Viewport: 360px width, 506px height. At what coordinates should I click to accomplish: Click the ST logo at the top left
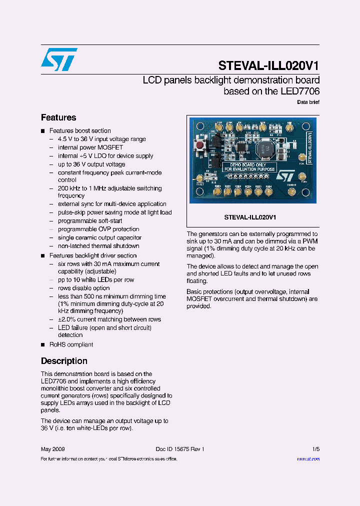[59, 59]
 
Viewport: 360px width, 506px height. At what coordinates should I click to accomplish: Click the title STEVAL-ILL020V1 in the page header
[268, 66]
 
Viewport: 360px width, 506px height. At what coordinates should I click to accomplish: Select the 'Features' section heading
[58, 117]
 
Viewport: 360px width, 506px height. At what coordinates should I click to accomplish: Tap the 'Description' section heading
[64, 361]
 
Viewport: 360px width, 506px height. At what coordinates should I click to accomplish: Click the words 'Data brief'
[308, 102]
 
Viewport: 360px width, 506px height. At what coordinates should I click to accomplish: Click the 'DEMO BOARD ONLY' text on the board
[247, 164]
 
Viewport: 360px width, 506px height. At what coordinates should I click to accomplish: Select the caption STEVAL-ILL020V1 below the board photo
[250, 217]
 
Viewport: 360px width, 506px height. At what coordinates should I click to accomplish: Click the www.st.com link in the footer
[308, 458]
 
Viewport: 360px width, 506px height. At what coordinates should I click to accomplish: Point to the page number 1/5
[315, 449]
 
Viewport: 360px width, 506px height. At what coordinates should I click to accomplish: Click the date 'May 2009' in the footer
[52, 449]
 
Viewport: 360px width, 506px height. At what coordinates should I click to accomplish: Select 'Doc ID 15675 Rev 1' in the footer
[180, 449]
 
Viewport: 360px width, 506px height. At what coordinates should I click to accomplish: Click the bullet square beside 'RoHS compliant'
[43, 344]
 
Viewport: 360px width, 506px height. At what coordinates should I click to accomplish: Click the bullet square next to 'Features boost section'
[43, 131]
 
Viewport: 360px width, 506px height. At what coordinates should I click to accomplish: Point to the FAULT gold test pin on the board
[199, 178]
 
